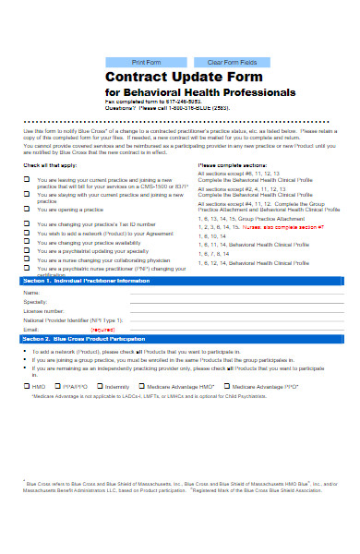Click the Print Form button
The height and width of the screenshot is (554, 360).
pos(146,62)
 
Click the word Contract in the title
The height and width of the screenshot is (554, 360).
pos(138,78)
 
